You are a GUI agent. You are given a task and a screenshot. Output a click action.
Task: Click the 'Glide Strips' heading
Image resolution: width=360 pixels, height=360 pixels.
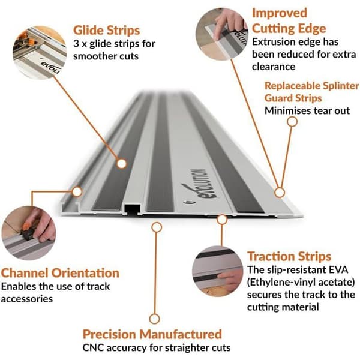107,31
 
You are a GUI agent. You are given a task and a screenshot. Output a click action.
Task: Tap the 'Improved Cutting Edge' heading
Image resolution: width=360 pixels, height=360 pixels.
289,21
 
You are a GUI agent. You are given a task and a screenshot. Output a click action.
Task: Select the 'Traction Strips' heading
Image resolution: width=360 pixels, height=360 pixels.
289,256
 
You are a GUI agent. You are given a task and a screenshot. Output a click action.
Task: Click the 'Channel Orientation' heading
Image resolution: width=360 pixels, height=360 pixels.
60,273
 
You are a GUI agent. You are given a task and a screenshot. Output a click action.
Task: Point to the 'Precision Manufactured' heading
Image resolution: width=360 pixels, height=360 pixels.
152,334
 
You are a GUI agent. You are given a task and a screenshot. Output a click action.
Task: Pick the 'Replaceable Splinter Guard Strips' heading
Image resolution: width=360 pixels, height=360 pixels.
311,92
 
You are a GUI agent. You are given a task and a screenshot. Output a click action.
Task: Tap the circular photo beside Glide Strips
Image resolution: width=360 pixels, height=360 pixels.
40,53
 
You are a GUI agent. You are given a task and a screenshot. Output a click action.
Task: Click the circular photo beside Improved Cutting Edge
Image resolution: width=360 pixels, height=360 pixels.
222,34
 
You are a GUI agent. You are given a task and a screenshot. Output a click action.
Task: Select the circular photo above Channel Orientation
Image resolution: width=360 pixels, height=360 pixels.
28,233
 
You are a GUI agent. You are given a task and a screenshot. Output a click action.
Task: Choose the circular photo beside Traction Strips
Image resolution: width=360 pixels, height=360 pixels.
217,272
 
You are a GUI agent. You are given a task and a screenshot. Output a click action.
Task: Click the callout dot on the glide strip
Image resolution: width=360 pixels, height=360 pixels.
121,164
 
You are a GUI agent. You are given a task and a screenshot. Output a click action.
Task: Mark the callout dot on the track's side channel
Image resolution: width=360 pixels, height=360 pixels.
77,191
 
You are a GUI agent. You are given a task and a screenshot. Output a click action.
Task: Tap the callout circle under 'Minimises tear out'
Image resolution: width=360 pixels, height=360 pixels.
292,122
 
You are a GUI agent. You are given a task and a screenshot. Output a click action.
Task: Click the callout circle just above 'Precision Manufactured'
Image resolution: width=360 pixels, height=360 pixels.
155,319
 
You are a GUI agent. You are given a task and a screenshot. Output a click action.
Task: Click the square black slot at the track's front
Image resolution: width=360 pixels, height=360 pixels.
132,209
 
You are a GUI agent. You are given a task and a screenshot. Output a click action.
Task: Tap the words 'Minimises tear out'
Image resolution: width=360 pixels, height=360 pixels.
307,110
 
